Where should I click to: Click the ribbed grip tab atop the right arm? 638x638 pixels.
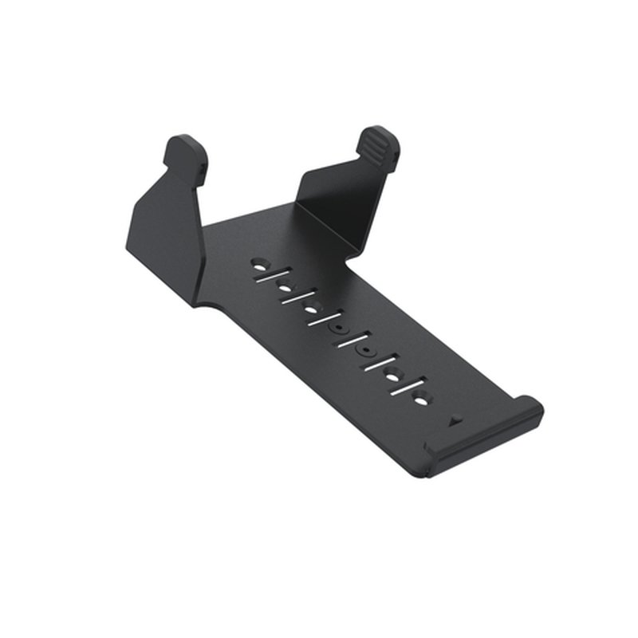pos(379,144)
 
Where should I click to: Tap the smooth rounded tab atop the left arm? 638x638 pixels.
pos(186,152)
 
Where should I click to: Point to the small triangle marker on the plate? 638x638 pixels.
pos(455,418)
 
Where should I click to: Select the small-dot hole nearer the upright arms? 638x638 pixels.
pos(339,327)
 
